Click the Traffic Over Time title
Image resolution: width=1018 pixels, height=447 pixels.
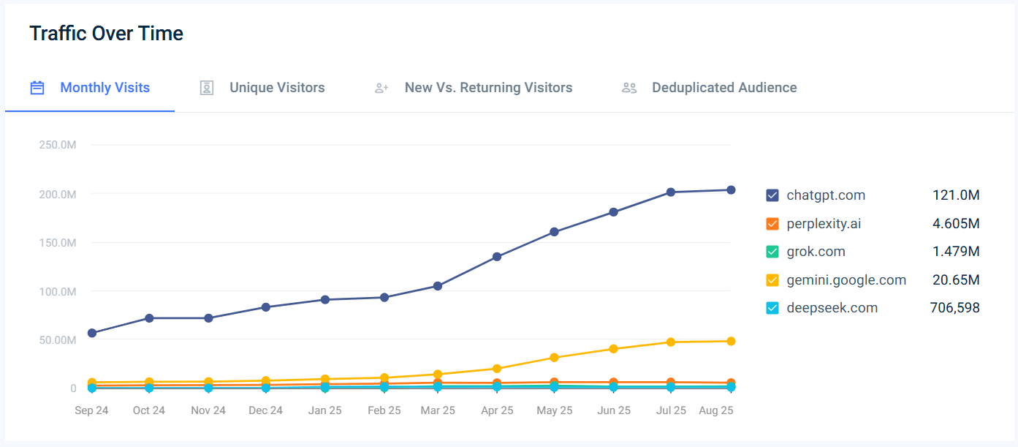(106, 34)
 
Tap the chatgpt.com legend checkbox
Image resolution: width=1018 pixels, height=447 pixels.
(772, 195)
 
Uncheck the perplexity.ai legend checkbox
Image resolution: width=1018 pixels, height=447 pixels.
(772, 224)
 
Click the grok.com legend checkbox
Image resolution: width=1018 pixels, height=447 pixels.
(772, 252)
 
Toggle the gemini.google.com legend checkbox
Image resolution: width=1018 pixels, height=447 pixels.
(772, 280)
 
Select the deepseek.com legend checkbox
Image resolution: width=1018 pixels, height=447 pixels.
(772, 308)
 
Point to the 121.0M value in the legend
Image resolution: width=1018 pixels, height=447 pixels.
(956, 195)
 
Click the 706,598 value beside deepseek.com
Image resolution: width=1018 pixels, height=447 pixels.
(950, 308)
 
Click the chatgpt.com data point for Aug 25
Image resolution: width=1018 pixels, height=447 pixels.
(731, 190)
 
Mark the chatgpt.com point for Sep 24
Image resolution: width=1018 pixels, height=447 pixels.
(92, 333)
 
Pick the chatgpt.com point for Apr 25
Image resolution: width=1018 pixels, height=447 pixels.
(497, 257)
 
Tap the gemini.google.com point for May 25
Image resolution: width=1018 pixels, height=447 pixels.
(555, 358)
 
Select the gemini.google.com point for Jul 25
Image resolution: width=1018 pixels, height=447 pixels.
(671, 342)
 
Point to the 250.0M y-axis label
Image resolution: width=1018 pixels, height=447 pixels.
(58, 145)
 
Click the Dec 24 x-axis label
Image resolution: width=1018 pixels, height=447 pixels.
(265, 410)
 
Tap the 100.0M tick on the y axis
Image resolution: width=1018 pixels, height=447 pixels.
(58, 291)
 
